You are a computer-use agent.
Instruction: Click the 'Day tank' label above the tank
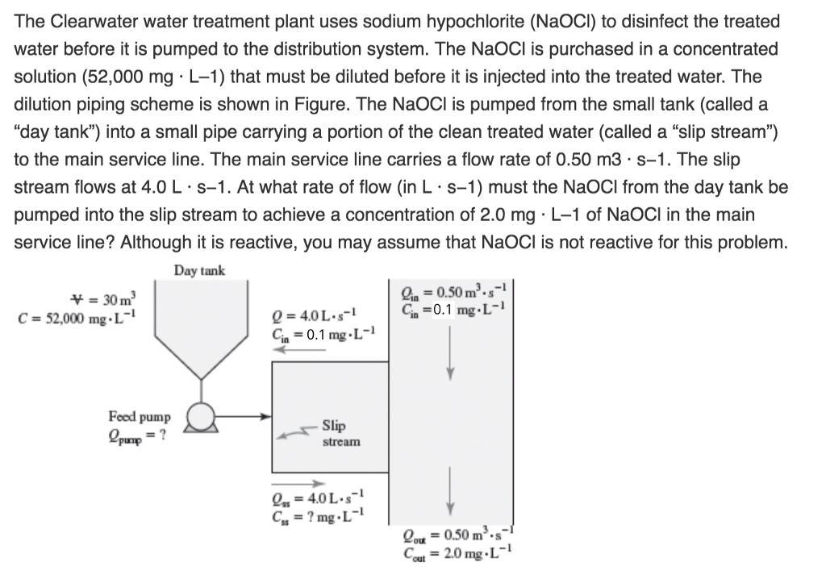[x=198, y=270]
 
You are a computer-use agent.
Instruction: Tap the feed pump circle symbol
[x=199, y=417]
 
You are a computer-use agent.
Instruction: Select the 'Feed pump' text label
[x=140, y=417]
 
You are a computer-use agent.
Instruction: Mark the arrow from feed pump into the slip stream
[x=245, y=417]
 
